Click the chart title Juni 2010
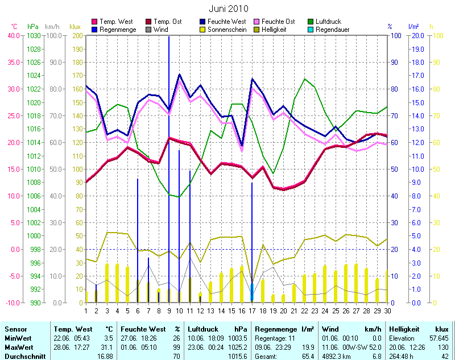point(228,9)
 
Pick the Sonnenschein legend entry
point(226,29)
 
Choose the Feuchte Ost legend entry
point(279,21)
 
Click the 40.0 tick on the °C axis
point(13,35)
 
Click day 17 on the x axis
point(252,310)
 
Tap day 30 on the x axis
point(387,310)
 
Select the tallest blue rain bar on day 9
point(168,171)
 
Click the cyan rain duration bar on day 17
point(252,293)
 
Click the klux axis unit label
point(75,26)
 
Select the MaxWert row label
point(18,347)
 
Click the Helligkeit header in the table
point(404,329)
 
